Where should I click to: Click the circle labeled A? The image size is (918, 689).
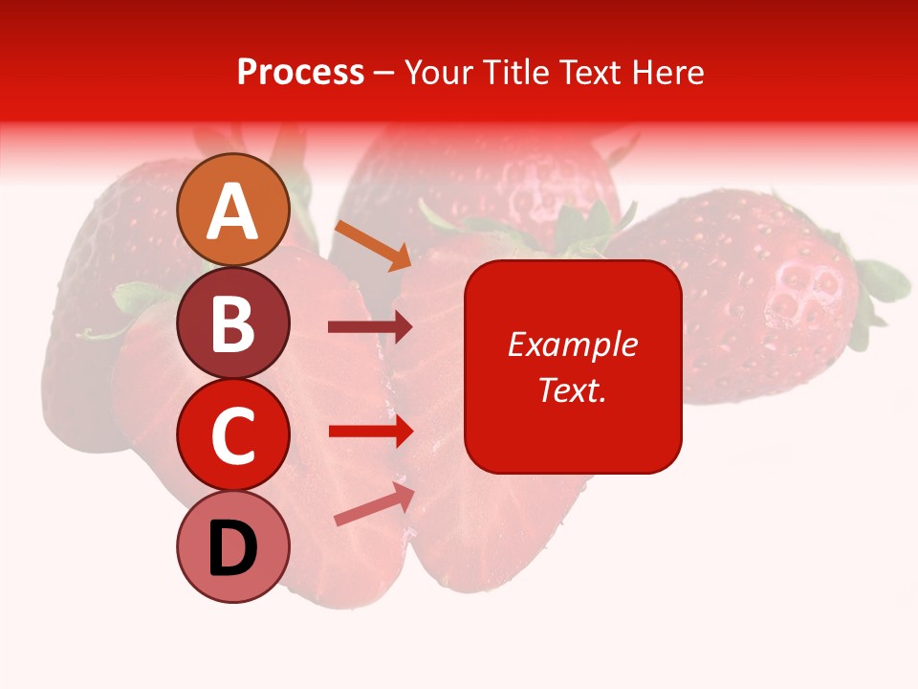(x=232, y=210)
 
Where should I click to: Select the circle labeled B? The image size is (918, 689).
(x=232, y=322)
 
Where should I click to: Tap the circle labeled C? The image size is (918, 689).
(x=232, y=435)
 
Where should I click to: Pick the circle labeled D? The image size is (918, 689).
(x=232, y=547)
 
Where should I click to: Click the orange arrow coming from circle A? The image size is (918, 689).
(x=373, y=245)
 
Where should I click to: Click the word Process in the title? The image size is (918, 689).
(x=300, y=72)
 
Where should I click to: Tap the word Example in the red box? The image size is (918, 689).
(x=572, y=344)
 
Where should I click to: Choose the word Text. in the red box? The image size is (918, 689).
(x=572, y=389)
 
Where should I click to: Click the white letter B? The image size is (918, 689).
(x=232, y=323)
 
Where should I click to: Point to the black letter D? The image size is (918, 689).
(x=232, y=548)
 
